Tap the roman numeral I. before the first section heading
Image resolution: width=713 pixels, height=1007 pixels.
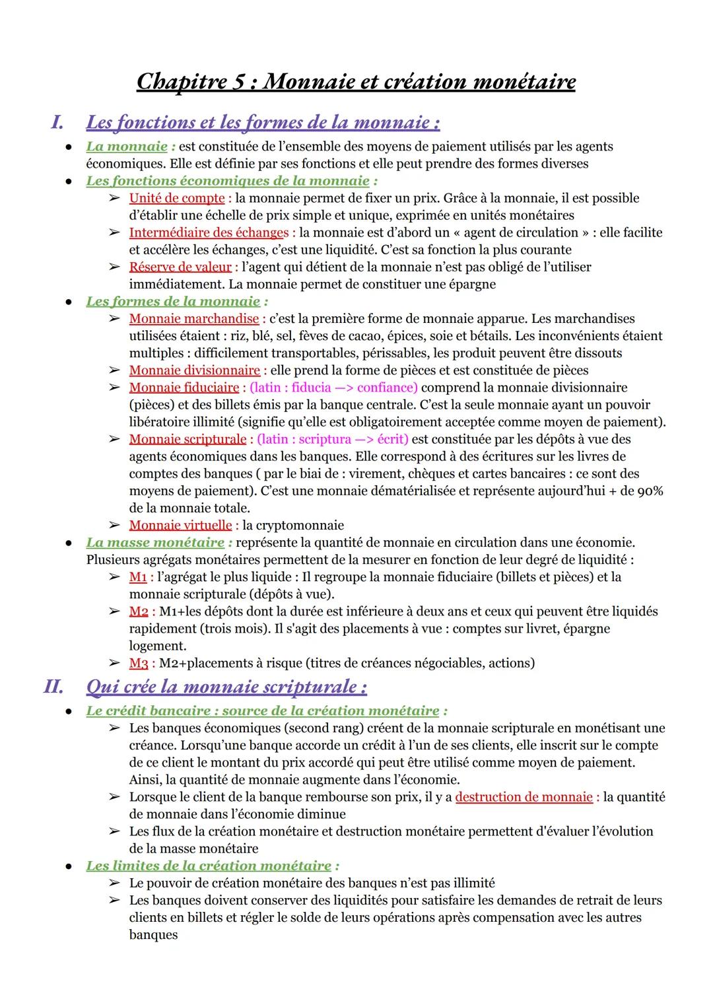[x=57, y=122]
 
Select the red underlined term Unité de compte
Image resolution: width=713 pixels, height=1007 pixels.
[x=176, y=198]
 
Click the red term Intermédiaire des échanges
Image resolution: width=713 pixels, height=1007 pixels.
[x=209, y=232]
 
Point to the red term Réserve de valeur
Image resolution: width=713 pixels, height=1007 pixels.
[x=180, y=267]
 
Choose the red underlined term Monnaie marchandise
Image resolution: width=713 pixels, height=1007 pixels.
[x=193, y=318]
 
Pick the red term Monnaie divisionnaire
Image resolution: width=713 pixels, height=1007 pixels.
[x=194, y=370]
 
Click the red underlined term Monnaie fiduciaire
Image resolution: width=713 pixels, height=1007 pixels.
[x=184, y=387]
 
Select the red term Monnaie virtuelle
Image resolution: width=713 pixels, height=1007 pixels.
[x=180, y=525]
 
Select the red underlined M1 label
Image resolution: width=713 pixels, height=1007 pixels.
[x=137, y=576]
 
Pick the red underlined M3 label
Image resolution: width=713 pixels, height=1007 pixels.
[x=138, y=662]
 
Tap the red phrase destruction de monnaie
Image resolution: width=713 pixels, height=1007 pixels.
[x=524, y=797]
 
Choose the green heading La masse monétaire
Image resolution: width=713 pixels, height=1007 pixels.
[x=155, y=542]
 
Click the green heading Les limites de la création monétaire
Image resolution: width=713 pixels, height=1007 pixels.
[x=209, y=865]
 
